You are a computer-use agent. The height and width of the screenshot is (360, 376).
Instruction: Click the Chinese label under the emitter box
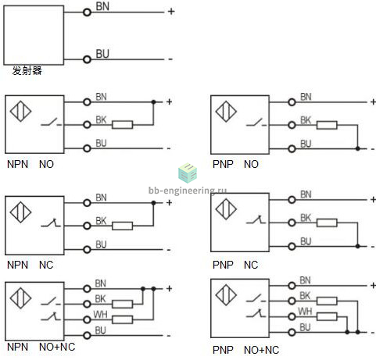pos(27,70)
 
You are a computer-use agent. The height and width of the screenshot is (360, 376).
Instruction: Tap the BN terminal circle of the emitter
pos(87,12)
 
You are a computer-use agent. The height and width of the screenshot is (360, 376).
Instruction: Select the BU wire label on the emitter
pos(102,54)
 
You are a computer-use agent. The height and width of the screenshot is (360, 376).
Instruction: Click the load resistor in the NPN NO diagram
pos(122,125)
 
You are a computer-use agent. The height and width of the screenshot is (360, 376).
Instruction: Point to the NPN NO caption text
pos(30,164)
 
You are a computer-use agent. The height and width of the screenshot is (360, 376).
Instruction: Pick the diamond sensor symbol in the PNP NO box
pos(226,112)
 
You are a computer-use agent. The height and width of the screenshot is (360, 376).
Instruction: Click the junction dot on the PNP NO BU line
pos(358,148)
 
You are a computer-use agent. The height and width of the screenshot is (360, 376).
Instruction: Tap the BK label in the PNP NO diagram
pos(306,120)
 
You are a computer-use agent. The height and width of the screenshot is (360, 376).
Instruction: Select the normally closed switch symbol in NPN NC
pos(51,223)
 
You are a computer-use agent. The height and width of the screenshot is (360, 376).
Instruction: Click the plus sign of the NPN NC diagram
pos(169,202)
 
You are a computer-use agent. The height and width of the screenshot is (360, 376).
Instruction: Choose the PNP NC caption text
pos(235,265)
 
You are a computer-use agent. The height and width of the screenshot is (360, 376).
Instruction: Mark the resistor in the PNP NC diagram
pos(327,223)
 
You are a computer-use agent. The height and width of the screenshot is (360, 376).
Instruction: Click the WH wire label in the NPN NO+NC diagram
pos(100,314)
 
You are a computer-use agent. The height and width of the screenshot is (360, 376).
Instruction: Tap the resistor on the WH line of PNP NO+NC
pos(327,316)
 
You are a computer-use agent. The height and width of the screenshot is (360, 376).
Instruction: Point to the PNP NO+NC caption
pos(245,350)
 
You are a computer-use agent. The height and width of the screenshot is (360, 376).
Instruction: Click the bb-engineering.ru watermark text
pos(188,191)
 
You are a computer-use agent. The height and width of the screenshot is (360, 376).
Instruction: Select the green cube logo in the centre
pos(188,173)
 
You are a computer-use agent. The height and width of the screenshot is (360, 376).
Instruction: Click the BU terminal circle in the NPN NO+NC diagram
pos(87,335)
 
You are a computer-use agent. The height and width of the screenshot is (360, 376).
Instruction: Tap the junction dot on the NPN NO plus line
pos(153,102)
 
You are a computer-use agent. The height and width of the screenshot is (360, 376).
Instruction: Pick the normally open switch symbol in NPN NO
pos(51,123)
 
